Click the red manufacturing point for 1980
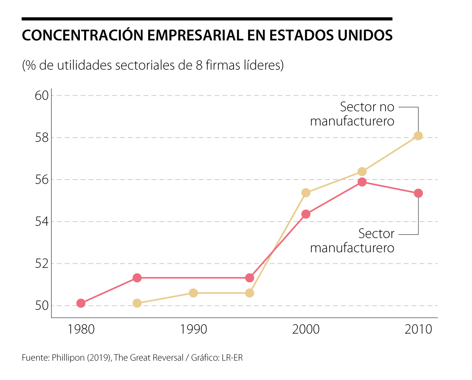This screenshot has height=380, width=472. [x=81, y=303]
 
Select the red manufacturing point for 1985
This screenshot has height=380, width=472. [x=137, y=278]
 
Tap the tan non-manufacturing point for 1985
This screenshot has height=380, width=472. [x=137, y=303]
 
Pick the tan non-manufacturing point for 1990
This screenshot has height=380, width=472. [x=193, y=293]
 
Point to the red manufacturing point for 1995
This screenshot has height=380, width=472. [x=249, y=278]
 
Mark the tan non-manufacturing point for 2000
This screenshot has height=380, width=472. [x=306, y=193]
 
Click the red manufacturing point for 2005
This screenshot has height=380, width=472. [x=362, y=182]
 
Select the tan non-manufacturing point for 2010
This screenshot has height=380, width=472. [x=418, y=136]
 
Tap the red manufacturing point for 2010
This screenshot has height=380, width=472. [x=418, y=193]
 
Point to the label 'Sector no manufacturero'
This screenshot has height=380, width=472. [x=352, y=114]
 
